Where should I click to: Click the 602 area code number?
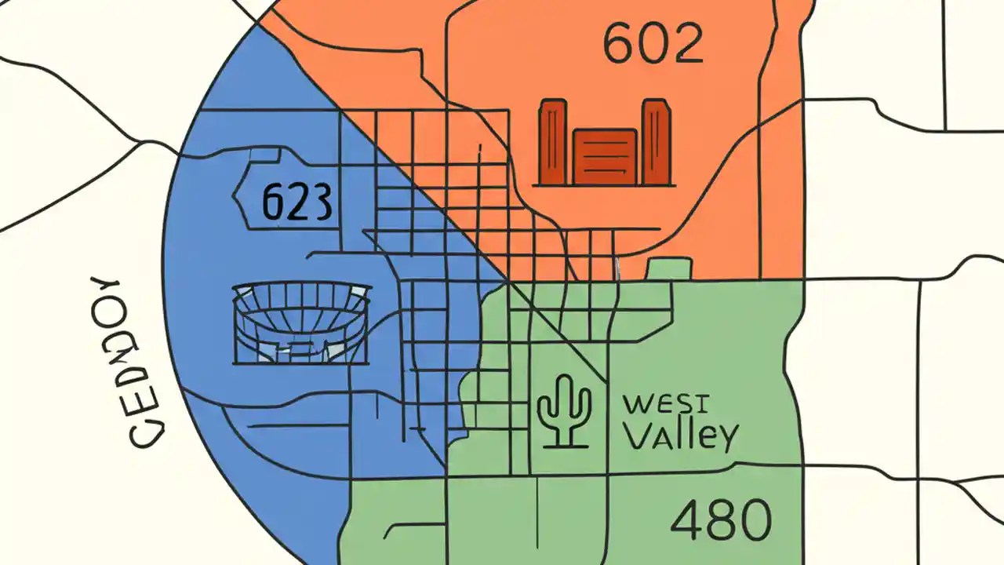(653, 44)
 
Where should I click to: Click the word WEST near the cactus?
(667, 406)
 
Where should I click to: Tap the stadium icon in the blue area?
(302, 323)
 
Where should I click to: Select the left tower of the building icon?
(552, 141)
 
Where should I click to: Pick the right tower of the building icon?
(656, 141)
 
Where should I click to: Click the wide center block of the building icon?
(604, 156)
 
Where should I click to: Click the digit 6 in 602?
(619, 45)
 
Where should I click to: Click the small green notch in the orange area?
(669, 269)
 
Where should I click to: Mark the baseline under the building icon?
(604, 185)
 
